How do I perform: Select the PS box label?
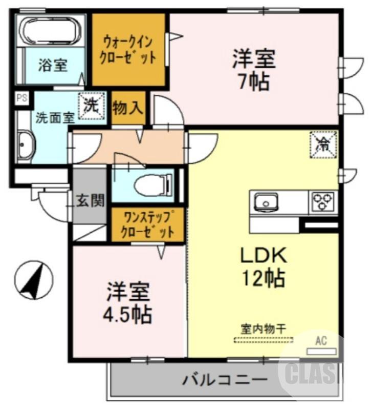tap(21, 98)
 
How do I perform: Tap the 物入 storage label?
tap(128, 109)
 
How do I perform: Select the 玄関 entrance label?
tap(91, 199)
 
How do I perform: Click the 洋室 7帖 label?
tap(254, 69)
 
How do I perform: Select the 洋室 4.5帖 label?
tap(128, 302)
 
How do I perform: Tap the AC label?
tap(321, 340)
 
